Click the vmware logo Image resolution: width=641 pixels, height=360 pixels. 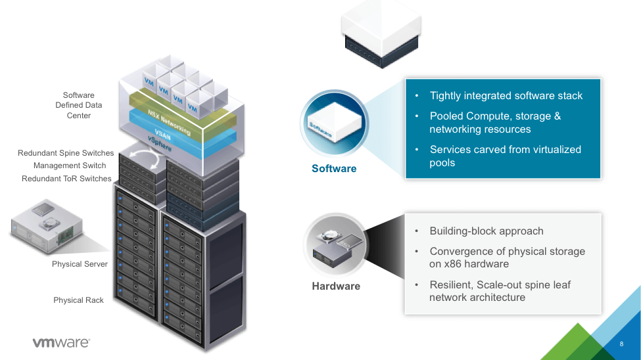[61, 342]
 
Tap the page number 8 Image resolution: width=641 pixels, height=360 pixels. [621, 344]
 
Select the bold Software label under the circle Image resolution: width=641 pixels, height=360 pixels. [334, 169]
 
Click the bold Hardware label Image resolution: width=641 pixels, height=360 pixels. [336, 286]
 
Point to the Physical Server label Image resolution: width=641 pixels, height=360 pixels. [80, 264]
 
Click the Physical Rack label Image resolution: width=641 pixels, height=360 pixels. [78, 300]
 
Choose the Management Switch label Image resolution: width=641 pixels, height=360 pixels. [70, 166]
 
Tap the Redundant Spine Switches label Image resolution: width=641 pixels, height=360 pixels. [66, 153]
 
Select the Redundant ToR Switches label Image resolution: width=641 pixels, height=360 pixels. [66, 179]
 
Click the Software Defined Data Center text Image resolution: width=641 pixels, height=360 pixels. [79, 105]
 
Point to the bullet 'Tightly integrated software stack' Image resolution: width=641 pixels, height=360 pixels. [506, 96]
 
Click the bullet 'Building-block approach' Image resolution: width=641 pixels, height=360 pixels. [486, 231]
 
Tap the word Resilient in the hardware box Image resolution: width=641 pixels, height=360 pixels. [451, 284]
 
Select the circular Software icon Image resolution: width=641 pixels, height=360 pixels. [333, 124]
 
